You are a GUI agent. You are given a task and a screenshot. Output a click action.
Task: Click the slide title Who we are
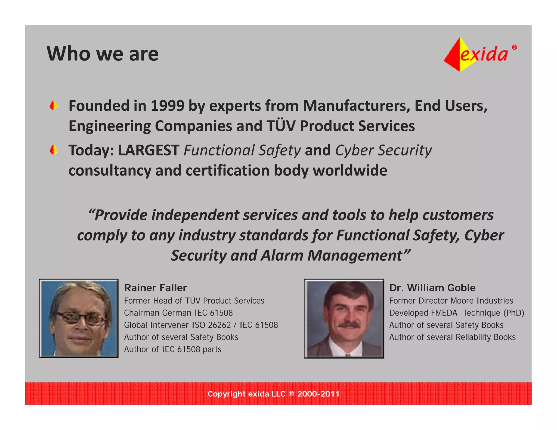point(103,54)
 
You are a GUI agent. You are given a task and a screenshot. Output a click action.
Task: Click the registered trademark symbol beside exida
point(514,47)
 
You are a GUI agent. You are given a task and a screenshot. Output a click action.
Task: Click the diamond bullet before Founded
point(54,105)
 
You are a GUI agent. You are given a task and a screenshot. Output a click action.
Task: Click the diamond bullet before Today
point(54,150)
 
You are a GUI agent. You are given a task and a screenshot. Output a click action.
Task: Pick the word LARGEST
point(148,150)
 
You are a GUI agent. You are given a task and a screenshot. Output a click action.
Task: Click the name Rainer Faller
point(155,288)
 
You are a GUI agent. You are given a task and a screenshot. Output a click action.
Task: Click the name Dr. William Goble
point(432,288)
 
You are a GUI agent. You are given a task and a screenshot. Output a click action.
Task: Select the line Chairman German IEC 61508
point(178,313)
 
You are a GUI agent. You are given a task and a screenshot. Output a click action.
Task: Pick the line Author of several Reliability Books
point(452,337)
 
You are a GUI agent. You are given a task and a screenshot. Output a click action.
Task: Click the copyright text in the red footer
point(273,394)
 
